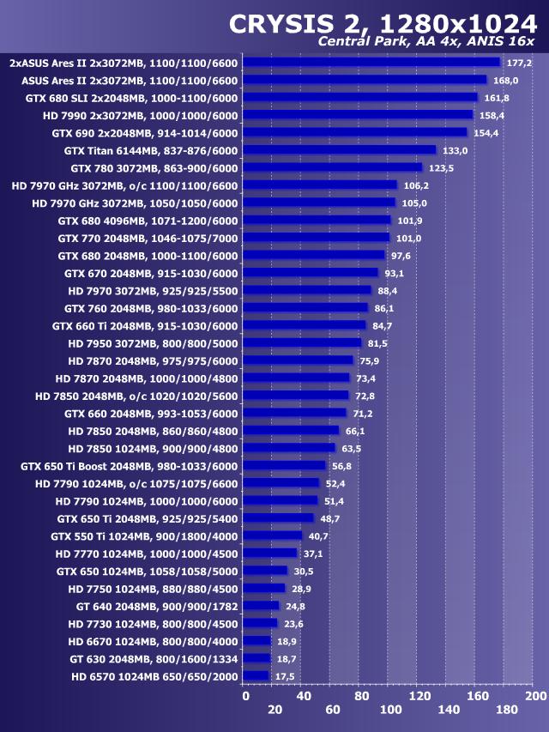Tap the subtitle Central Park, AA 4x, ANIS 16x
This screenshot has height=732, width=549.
(x=426, y=42)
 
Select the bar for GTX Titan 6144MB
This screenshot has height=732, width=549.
(x=341, y=150)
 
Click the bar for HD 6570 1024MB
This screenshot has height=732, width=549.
(x=256, y=676)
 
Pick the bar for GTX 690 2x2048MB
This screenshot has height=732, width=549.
(x=356, y=132)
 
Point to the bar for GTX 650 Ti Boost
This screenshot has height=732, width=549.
(x=285, y=466)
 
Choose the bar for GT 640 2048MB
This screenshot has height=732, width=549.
(x=262, y=606)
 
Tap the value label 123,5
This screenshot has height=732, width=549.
(x=441, y=168)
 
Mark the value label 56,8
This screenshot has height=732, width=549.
(x=341, y=466)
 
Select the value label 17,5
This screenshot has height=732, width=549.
(x=285, y=676)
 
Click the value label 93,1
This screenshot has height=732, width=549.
(x=395, y=273)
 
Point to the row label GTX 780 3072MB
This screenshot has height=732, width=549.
(x=154, y=168)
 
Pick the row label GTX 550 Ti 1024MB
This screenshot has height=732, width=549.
(x=144, y=535)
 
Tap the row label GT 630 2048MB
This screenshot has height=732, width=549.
(x=154, y=658)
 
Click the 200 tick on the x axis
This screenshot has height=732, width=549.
(x=534, y=694)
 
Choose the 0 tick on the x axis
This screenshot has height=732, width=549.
(x=244, y=694)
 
